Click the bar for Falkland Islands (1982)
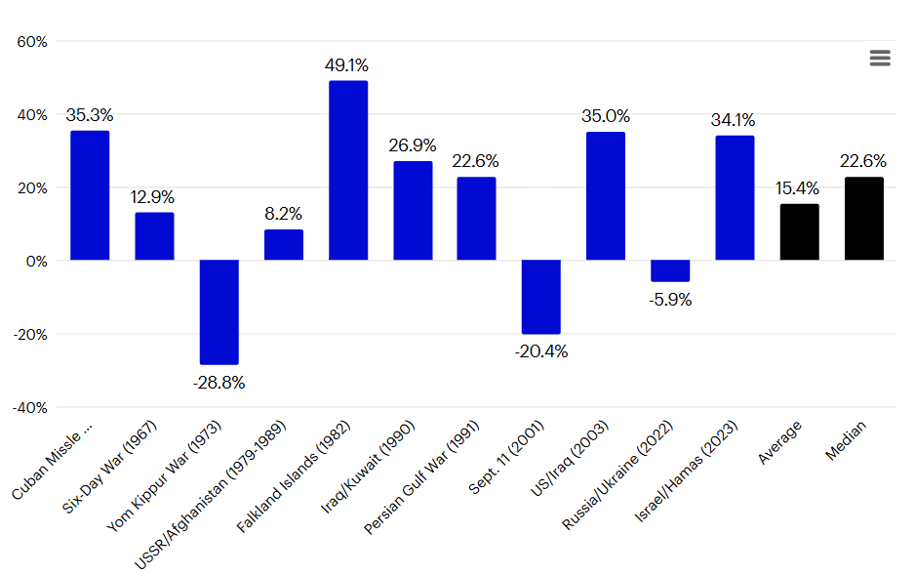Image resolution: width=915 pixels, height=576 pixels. [x=348, y=171]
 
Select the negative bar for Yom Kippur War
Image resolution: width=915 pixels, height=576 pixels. [x=219, y=312]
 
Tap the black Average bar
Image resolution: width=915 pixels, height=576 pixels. [x=799, y=232]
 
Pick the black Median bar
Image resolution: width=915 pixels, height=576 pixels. [x=863, y=219]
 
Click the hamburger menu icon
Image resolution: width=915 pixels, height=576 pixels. [x=880, y=59]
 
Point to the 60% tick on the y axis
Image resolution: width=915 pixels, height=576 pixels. [x=32, y=42]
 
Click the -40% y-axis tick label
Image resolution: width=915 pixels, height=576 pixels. [x=29, y=407]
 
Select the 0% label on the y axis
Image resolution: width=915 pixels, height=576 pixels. [x=36, y=261]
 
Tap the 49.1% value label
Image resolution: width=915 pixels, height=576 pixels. [x=347, y=66]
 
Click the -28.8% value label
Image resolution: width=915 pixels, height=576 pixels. [x=219, y=383]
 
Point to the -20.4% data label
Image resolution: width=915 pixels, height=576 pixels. [x=541, y=351]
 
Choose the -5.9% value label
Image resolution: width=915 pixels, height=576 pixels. [x=670, y=300]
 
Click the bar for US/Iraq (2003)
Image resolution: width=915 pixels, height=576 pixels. [x=606, y=196]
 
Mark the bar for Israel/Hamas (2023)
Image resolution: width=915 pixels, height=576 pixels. [x=735, y=198]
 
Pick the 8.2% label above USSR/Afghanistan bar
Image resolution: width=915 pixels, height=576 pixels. [x=284, y=213]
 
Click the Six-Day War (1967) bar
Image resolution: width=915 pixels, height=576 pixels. [x=154, y=236]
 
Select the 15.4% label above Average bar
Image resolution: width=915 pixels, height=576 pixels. [x=799, y=187]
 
